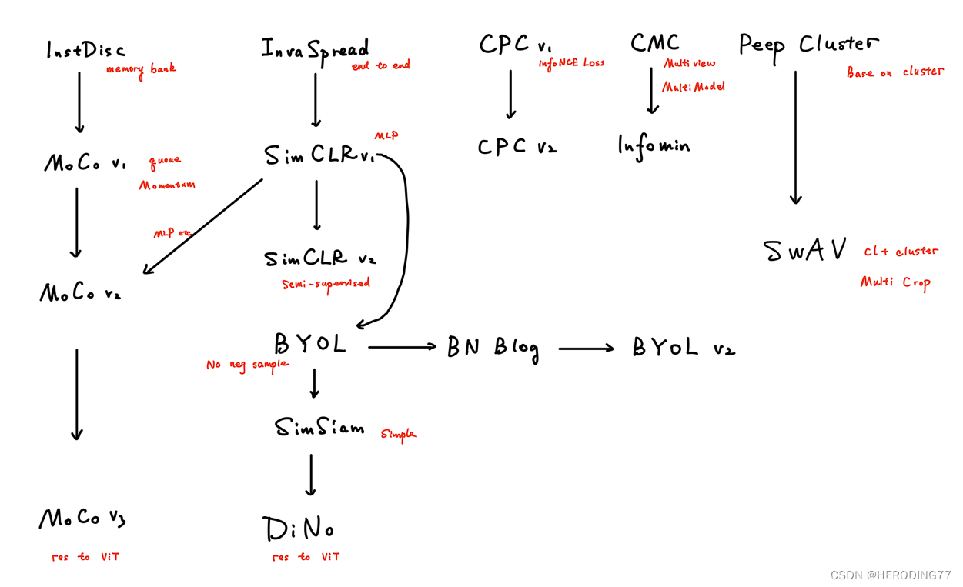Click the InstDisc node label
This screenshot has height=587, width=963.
(85, 51)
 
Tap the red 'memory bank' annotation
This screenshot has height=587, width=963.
(141, 69)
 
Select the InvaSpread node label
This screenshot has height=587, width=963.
(315, 49)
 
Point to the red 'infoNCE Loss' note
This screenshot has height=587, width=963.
(572, 63)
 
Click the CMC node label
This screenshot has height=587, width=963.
(654, 43)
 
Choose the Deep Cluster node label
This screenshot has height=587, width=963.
(808, 45)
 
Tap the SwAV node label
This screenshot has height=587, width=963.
(805, 251)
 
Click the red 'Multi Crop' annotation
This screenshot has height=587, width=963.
(895, 282)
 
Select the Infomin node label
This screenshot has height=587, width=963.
(654, 145)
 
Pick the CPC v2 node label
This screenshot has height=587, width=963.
(517, 146)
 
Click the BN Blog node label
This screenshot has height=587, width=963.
(493, 348)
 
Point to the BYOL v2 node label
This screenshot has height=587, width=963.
(683, 348)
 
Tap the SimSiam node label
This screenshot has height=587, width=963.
(319, 427)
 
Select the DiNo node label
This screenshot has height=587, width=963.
(299, 529)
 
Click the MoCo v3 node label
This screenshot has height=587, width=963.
(82, 519)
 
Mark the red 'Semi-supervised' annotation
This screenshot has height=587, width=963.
(326, 284)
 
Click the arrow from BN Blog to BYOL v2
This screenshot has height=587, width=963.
(586, 349)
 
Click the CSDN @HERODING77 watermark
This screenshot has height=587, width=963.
(891, 575)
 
